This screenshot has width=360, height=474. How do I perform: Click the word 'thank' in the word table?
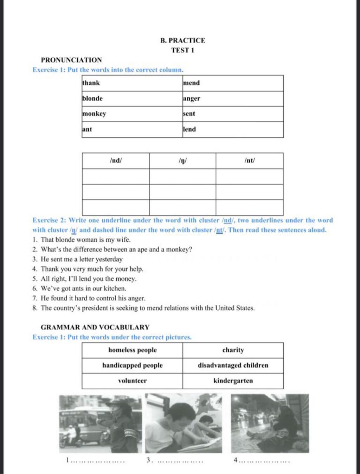[x=91, y=83]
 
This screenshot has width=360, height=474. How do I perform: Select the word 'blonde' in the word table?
[x=92, y=99]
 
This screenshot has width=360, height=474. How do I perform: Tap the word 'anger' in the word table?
[x=192, y=99]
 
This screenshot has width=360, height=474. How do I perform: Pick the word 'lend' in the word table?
[x=189, y=129]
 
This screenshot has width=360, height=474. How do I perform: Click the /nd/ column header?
[x=116, y=161]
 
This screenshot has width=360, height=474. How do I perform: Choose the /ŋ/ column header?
[x=182, y=161]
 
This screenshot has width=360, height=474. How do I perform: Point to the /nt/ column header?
[x=250, y=161]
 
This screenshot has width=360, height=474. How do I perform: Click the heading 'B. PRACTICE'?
[x=183, y=40]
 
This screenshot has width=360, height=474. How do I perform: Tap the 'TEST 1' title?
[x=183, y=50]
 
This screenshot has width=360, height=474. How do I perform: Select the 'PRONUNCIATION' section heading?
[x=71, y=60]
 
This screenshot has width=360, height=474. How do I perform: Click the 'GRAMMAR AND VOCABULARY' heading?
[x=95, y=327]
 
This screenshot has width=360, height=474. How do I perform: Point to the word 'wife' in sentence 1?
[x=123, y=240]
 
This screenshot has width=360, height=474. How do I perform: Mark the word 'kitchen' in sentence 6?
[x=115, y=288]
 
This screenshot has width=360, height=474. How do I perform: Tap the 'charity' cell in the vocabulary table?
[x=233, y=350]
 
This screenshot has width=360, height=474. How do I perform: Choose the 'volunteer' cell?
[x=132, y=381]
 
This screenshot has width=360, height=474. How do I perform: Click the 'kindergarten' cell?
[x=233, y=381]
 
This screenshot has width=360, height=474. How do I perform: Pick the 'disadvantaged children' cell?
[x=233, y=365]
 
